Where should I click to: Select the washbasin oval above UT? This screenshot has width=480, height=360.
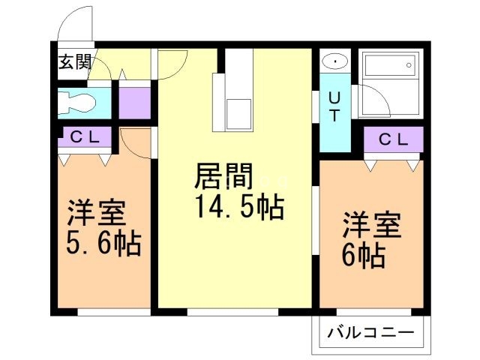pos(334,62)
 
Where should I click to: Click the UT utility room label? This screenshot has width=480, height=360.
pos(334,106)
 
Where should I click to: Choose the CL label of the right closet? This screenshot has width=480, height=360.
pos(393,139)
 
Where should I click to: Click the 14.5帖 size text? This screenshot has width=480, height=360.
pos(239,206)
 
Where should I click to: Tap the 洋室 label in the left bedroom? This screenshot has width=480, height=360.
pos(96,214)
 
